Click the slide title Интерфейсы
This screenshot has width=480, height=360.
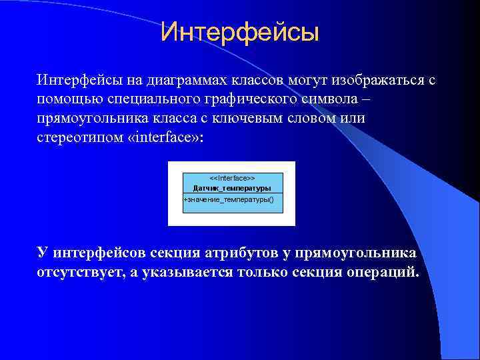(x=240, y=31)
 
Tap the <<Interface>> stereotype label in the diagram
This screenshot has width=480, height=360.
(x=232, y=179)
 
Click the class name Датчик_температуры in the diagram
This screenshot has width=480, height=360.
(x=232, y=187)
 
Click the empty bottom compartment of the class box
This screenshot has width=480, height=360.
(x=233, y=209)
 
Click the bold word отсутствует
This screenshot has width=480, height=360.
(x=80, y=272)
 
